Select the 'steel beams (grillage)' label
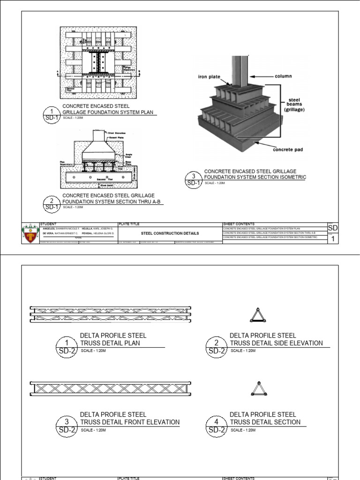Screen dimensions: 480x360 pyautogui.click(x=294, y=105)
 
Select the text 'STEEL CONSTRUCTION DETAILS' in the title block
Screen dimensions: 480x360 pyautogui.click(x=170, y=233)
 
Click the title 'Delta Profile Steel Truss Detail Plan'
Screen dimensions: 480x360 pyautogui.click(x=112, y=339)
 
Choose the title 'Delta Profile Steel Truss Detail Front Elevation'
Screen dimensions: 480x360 pyautogui.click(x=129, y=419)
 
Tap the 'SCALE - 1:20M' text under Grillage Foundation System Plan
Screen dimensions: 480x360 pyautogui.click(x=73, y=117)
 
